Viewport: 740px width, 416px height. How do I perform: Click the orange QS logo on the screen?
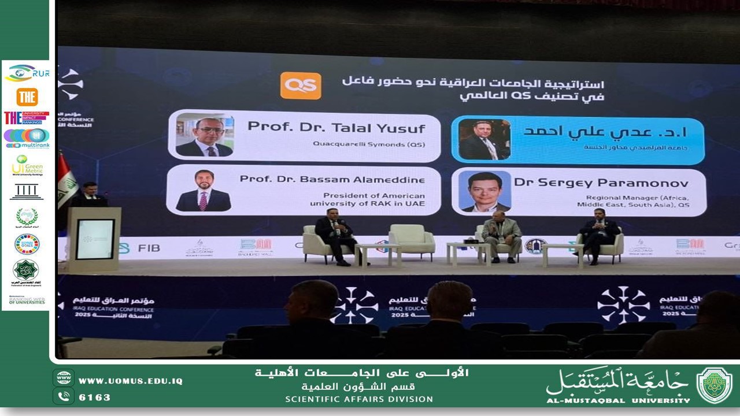point(301,86)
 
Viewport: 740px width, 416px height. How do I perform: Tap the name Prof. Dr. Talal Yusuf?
point(336,127)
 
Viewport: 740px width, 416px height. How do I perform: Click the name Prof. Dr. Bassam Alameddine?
point(332,179)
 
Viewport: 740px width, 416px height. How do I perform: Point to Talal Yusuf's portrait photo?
point(205,136)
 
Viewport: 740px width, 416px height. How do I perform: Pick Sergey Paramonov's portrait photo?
point(485,191)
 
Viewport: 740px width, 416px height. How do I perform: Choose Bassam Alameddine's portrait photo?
point(203,191)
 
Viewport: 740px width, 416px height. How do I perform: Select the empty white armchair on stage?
point(411,241)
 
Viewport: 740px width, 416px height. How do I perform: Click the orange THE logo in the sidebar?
point(27,96)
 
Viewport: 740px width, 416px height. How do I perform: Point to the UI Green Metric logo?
point(27,166)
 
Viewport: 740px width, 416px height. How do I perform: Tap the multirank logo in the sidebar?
point(27,139)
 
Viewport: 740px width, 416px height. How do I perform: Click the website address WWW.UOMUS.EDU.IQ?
point(130,381)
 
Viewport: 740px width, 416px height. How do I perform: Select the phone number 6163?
point(94,397)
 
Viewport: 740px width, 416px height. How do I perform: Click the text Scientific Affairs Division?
point(358,399)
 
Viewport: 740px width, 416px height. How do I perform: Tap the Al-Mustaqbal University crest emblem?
point(714,385)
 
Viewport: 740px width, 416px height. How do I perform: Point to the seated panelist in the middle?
point(501,236)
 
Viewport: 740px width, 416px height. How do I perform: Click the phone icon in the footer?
point(63,396)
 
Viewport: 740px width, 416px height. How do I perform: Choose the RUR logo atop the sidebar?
point(27,73)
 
